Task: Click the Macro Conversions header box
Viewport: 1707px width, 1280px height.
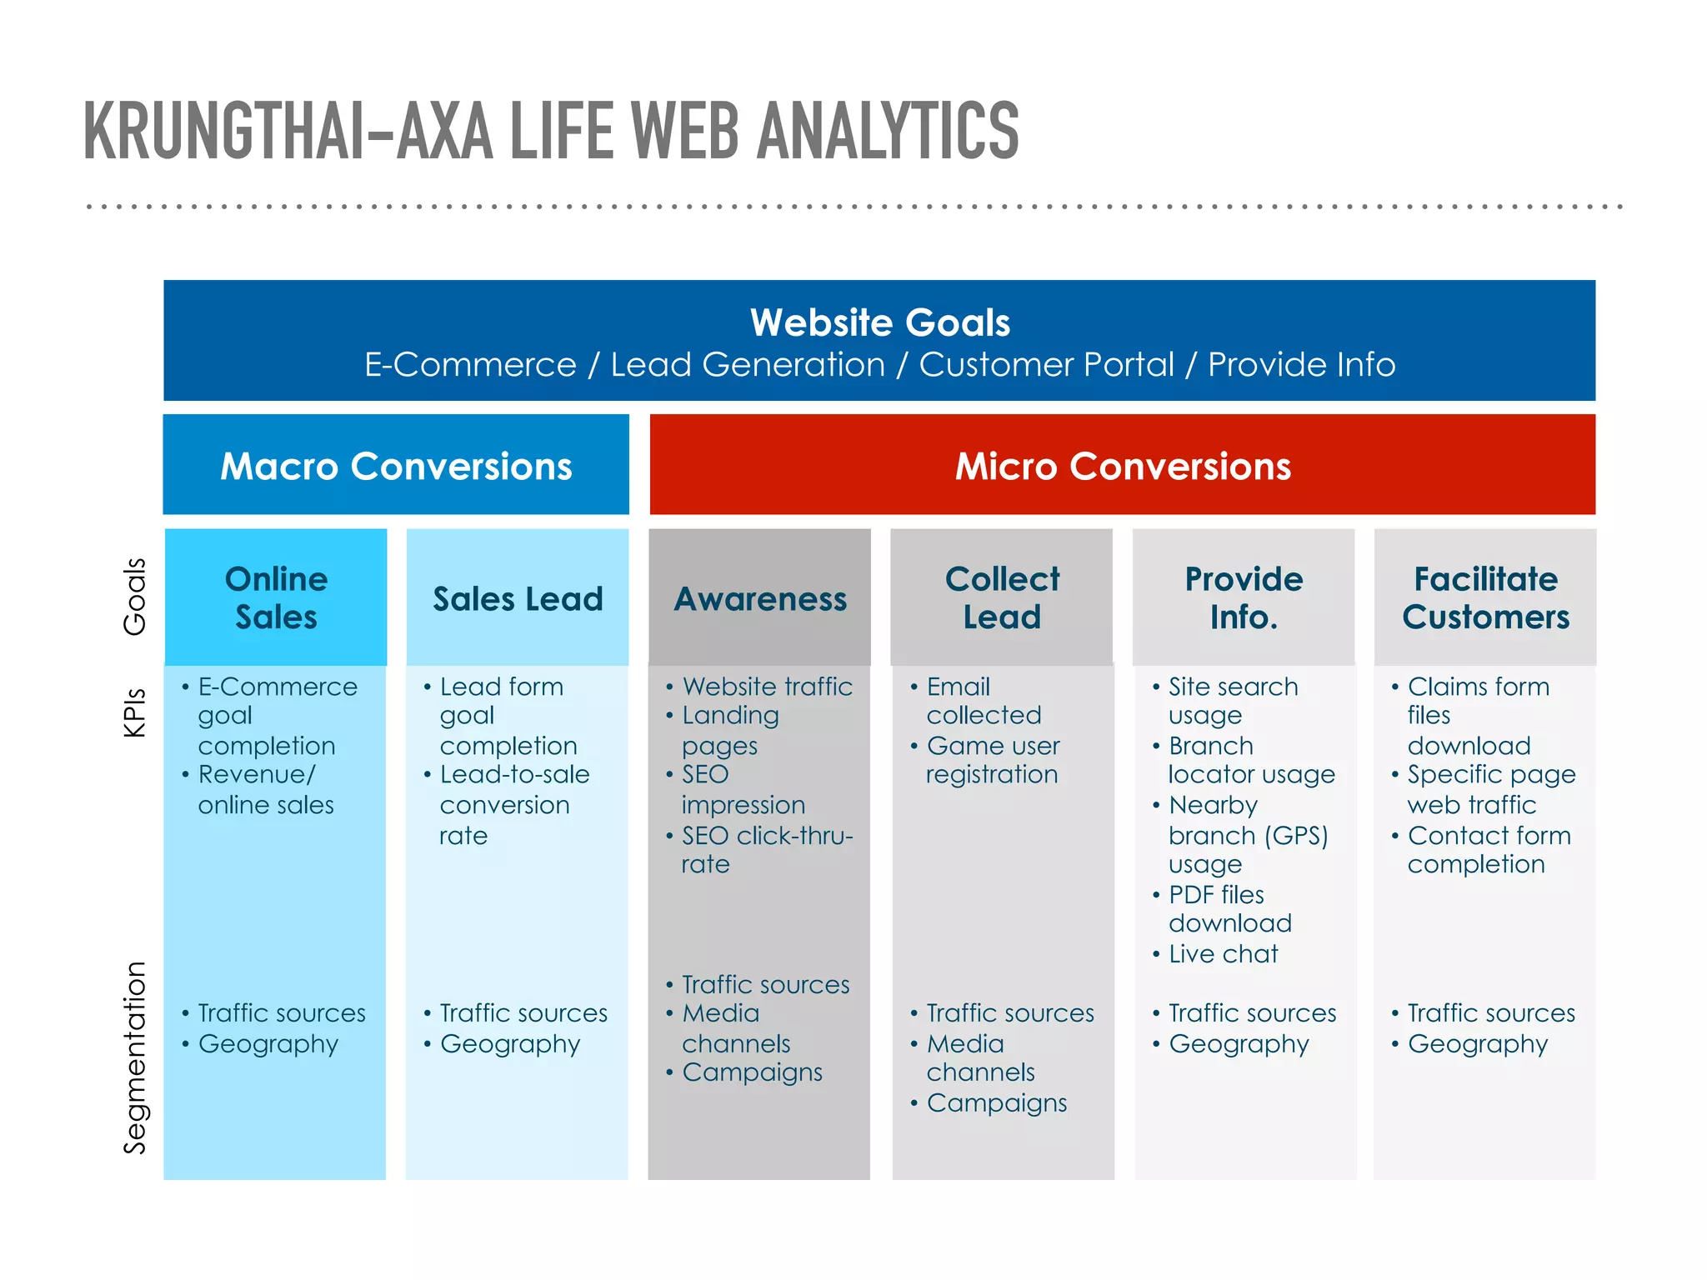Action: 396,465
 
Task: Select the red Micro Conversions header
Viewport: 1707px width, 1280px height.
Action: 1122,465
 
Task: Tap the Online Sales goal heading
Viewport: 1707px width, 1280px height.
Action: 276,597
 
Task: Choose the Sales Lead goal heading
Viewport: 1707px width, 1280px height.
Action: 518,599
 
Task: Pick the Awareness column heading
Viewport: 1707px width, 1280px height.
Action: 760,599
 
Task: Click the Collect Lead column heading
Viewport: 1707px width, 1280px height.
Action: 1002,597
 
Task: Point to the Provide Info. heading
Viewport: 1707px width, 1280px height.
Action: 1244,597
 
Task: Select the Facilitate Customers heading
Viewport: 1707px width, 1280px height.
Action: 1485,597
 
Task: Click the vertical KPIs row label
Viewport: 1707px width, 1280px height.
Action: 134,712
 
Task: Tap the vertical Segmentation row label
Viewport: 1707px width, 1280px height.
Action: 134,1057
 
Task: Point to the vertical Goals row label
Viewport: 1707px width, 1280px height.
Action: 134,597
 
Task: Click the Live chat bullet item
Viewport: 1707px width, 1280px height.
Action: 1223,954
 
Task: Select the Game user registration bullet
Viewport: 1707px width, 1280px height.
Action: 992,760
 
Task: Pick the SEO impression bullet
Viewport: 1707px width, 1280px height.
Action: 743,790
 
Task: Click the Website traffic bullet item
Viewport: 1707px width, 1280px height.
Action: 767,687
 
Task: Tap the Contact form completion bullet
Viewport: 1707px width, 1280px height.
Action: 1489,850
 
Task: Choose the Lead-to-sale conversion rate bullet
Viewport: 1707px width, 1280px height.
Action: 513,805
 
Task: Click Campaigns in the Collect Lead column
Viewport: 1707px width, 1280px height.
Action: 996,1103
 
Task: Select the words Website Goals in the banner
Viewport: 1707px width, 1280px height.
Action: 879,322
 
